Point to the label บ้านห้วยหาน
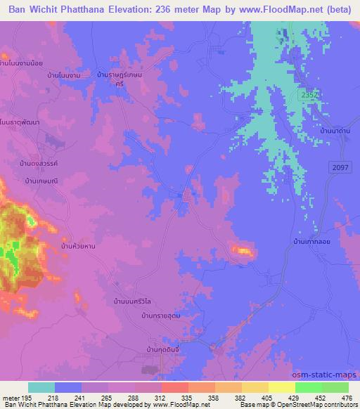78,246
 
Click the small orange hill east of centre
241,249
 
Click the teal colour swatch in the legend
41,387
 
